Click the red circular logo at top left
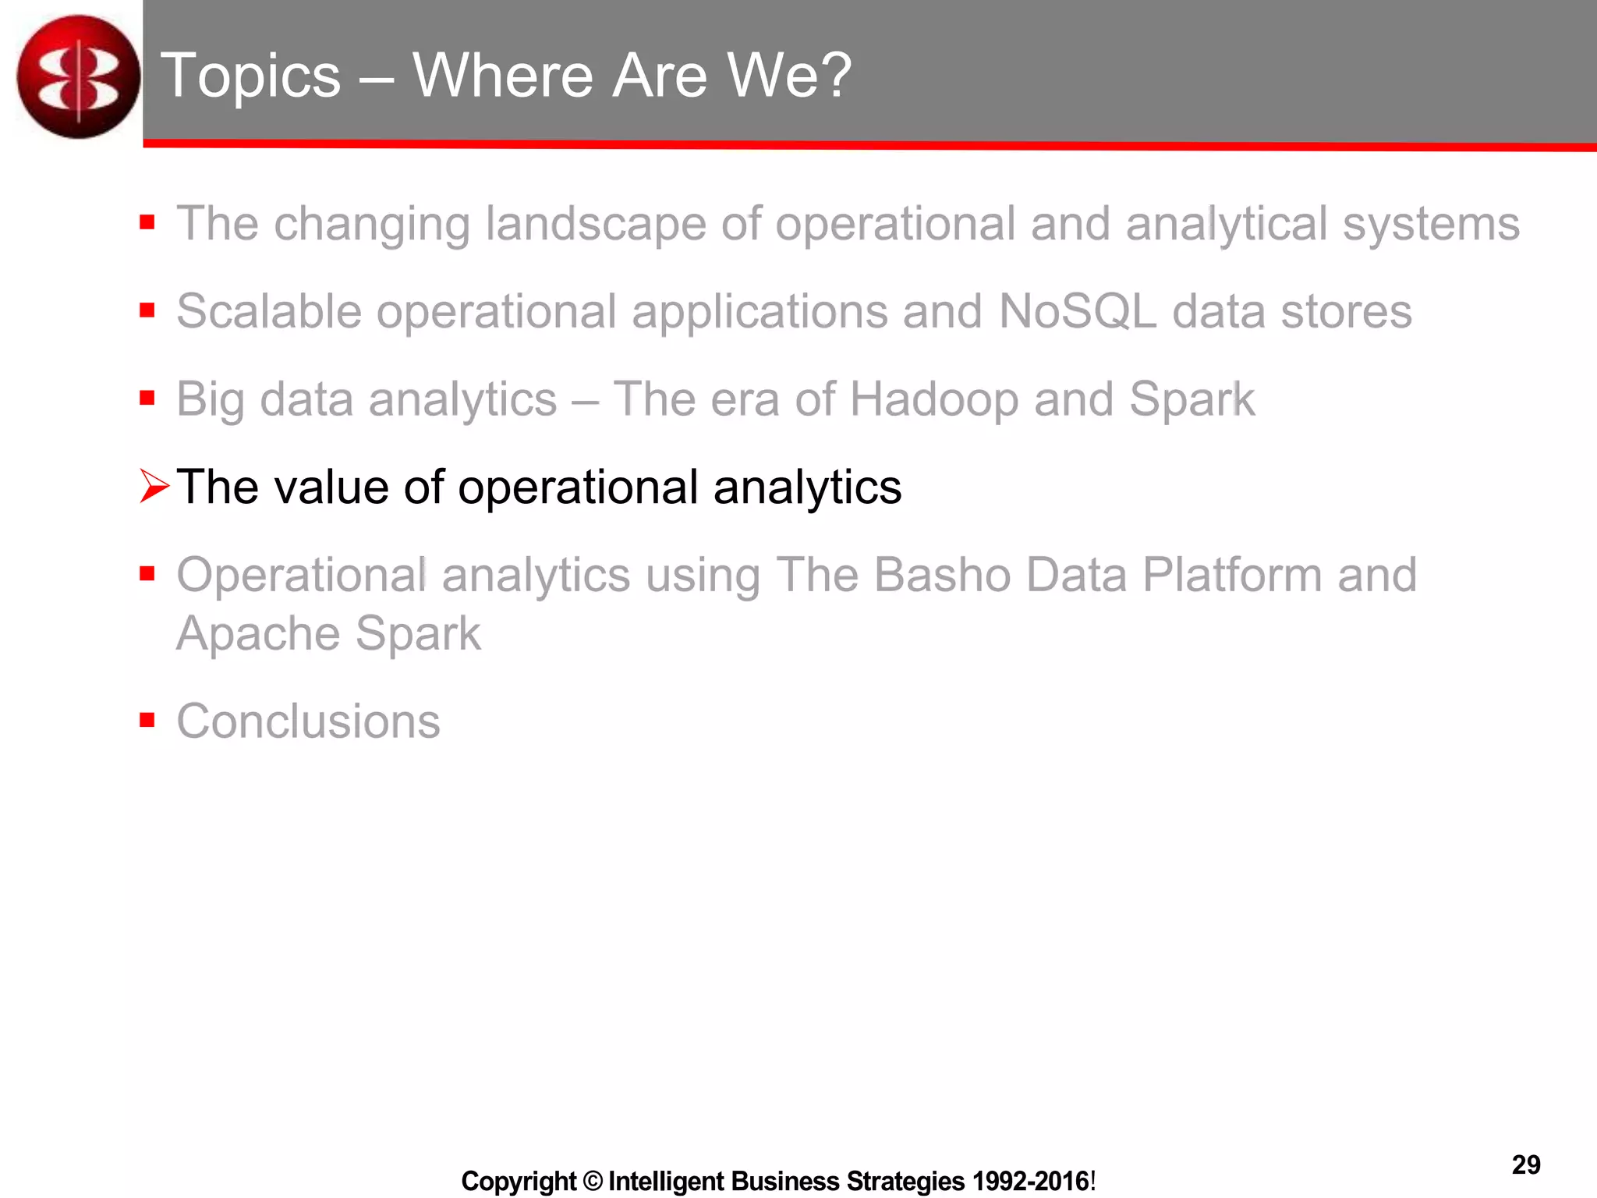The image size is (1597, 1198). click(x=78, y=76)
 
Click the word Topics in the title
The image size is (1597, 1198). click(x=250, y=76)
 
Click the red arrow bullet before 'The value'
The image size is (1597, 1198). click(x=154, y=487)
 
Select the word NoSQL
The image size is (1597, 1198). click(x=1077, y=311)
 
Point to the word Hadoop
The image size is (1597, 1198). click(x=933, y=399)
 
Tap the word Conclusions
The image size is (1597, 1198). click(x=308, y=721)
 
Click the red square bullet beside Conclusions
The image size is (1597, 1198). click(x=147, y=719)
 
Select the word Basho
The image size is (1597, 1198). click(x=941, y=575)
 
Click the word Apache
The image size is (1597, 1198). click(x=258, y=633)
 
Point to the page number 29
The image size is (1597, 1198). click(x=1526, y=1164)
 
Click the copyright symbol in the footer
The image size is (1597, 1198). click(x=593, y=1181)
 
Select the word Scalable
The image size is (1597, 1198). click(x=269, y=311)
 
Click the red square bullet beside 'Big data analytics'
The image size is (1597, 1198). click(x=147, y=399)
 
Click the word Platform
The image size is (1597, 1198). click(x=1233, y=575)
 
